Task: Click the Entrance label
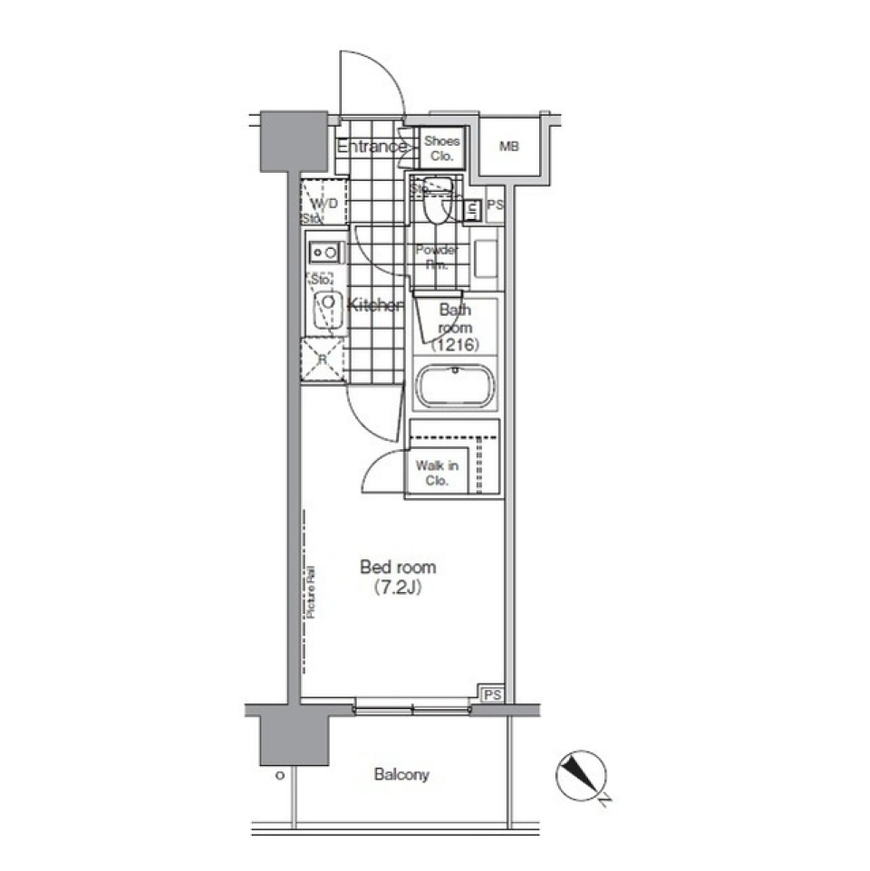(372, 147)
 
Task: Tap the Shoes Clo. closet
(442, 148)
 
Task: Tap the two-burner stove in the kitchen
(324, 251)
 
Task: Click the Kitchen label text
(375, 306)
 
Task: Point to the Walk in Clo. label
(437, 474)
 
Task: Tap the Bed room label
(398, 568)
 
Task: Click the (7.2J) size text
(398, 589)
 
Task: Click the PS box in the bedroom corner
(491, 694)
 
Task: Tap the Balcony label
(401, 775)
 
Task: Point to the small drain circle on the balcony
(279, 776)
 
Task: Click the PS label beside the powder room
(494, 206)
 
